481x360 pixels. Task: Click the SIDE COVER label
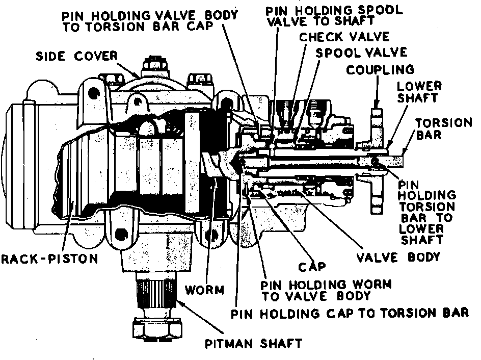coord(77,56)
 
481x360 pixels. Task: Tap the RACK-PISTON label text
coord(50,259)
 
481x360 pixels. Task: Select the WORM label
coord(205,290)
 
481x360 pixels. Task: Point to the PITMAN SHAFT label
coord(253,343)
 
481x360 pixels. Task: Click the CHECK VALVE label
coord(344,37)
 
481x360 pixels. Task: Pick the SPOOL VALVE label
coord(361,53)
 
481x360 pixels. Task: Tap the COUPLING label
coord(381,70)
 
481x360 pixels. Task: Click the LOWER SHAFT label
coord(419,92)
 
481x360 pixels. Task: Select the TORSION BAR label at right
coord(444,128)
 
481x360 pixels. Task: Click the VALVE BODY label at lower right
coord(398,257)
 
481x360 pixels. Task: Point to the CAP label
coord(312,267)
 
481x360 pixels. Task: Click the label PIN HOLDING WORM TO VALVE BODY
coord(326,290)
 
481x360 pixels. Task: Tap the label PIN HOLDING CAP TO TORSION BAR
coord(350,314)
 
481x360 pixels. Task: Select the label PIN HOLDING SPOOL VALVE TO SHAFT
coord(334,16)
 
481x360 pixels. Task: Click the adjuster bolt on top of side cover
coord(154,67)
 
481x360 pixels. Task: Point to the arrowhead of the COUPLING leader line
coord(377,104)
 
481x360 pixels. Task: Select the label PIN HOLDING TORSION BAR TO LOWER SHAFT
coord(426,212)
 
